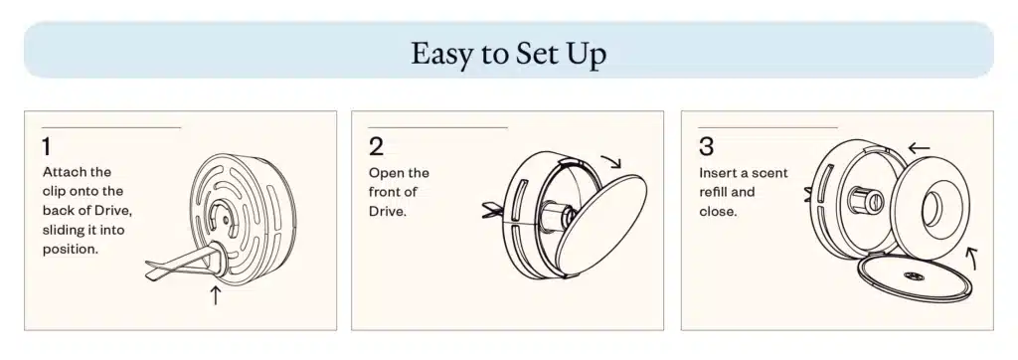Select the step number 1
pyautogui.click(x=46, y=147)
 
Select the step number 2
pyautogui.click(x=377, y=147)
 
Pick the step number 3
pyautogui.click(x=707, y=147)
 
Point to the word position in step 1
pyautogui.click(x=71, y=250)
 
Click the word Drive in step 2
pyautogui.click(x=387, y=211)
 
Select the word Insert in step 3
pyautogui.click(x=719, y=173)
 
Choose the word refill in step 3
pyautogui.click(x=714, y=192)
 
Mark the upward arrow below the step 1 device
pyautogui.click(x=216, y=295)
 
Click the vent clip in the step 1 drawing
pyautogui.click(x=185, y=264)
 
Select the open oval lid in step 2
pyautogui.click(x=601, y=223)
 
